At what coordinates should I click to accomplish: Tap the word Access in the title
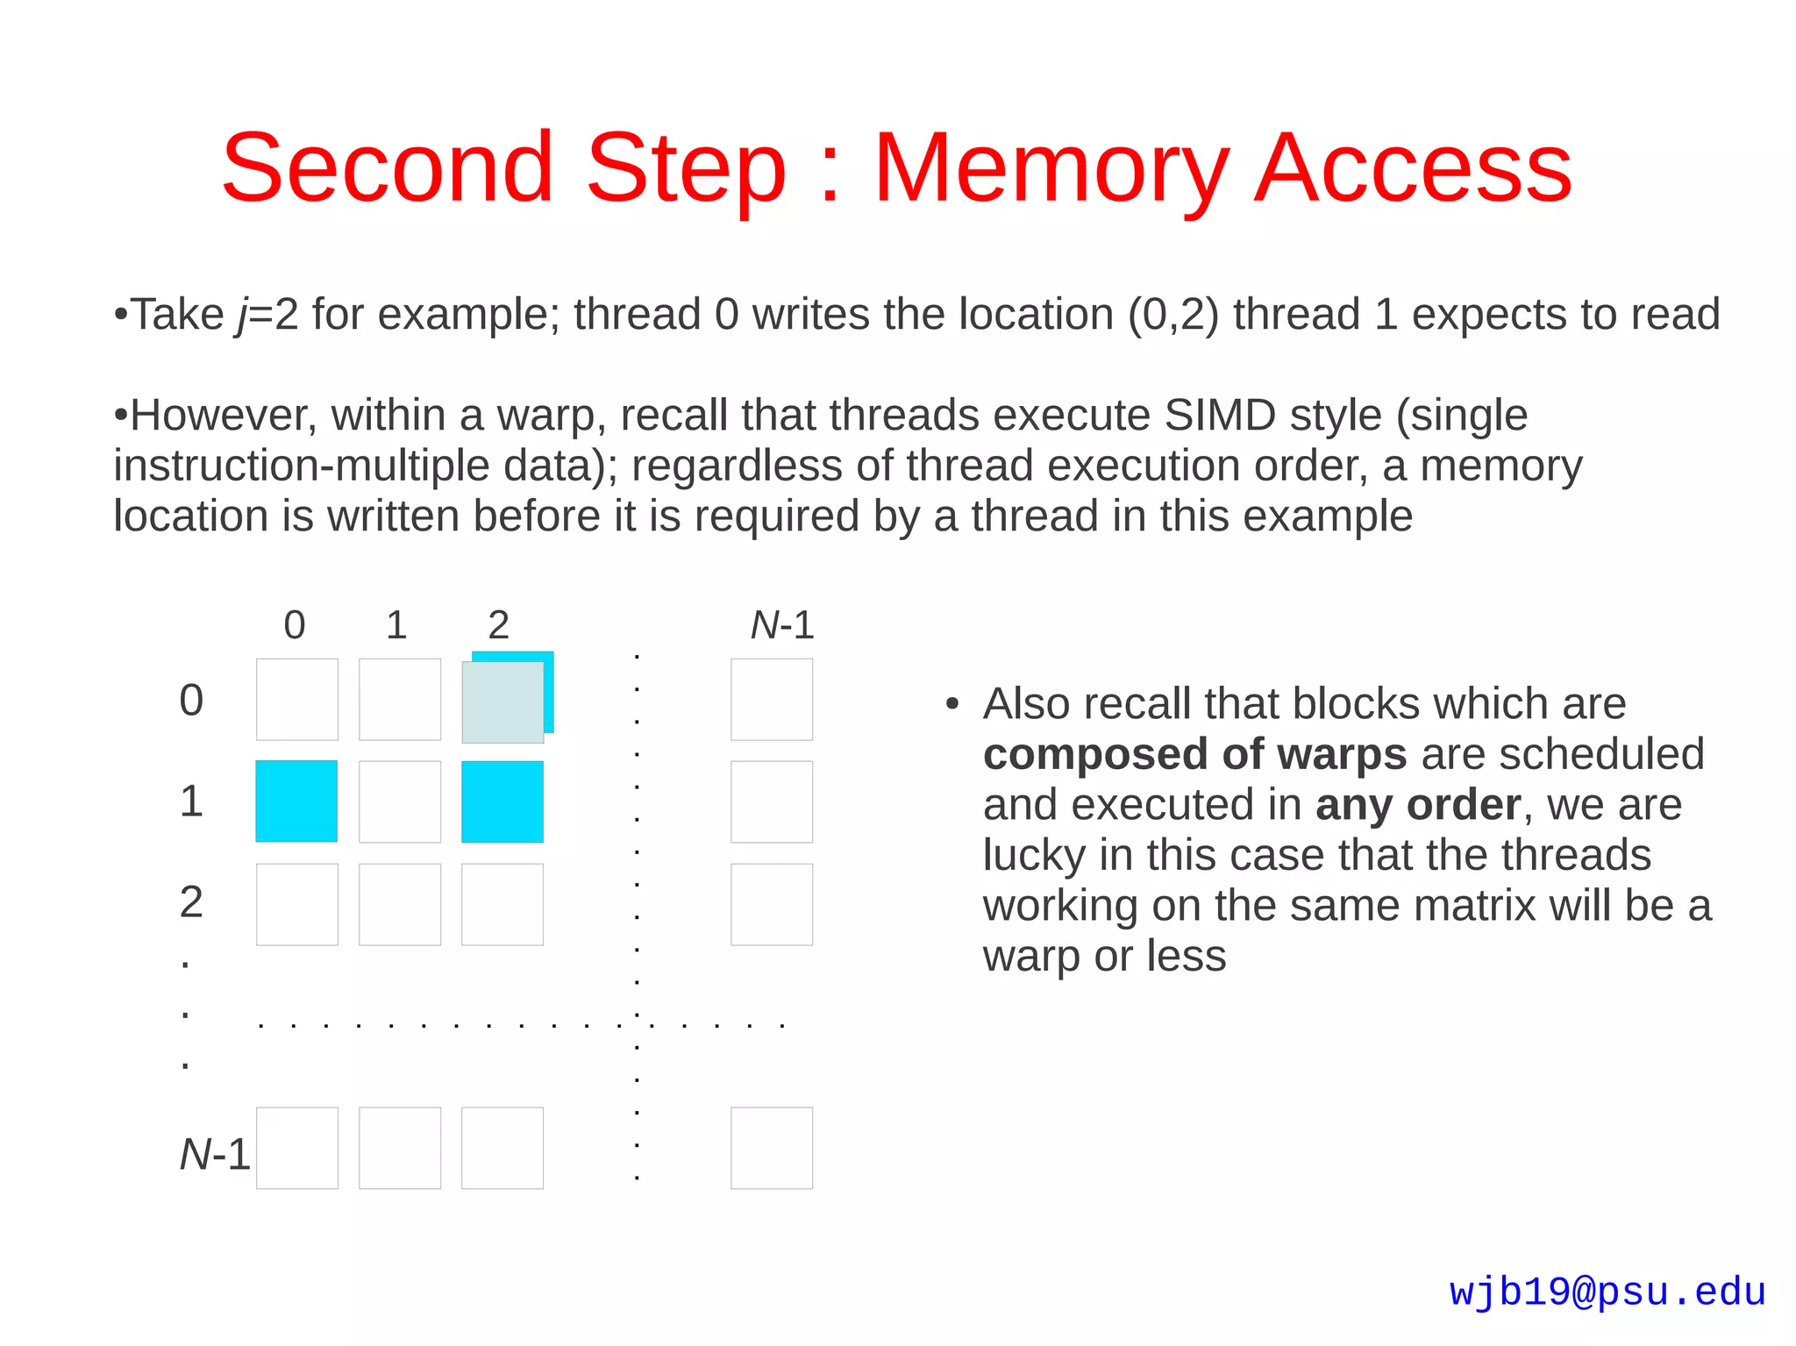(x=1413, y=168)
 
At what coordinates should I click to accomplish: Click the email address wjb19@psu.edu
(x=1607, y=1293)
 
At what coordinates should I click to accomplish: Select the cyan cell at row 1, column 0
(x=296, y=801)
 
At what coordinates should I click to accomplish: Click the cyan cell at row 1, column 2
(x=502, y=801)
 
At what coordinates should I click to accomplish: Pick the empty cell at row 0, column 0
(x=297, y=700)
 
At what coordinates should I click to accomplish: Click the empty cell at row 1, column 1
(x=400, y=801)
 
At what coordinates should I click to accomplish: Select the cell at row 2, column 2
(x=502, y=904)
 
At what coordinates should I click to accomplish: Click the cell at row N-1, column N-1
(x=772, y=1148)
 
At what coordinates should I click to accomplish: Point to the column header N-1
(x=782, y=625)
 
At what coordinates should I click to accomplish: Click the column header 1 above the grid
(x=396, y=625)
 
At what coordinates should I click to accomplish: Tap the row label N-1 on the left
(x=215, y=1154)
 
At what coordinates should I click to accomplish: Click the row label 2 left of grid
(x=191, y=902)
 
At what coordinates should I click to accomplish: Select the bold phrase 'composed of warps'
(x=1194, y=754)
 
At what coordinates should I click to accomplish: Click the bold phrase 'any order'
(x=1418, y=805)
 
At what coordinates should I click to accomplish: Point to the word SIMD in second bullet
(x=1219, y=415)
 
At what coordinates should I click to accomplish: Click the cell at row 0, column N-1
(x=772, y=700)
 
